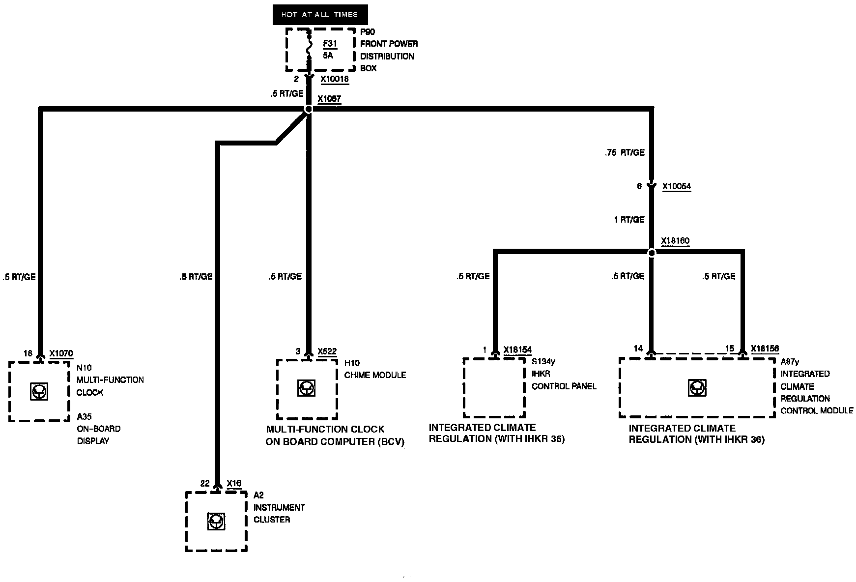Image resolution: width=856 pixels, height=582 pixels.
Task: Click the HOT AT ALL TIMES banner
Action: point(319,14)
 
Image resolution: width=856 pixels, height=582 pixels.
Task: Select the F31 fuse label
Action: point(330,44)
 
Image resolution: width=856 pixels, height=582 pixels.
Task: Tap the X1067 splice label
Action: point(329,99)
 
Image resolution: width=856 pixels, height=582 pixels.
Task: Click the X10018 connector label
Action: point(335,79)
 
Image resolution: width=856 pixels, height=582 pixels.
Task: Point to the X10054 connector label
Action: point(676,187)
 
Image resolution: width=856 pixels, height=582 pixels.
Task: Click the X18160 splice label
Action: point(675,241)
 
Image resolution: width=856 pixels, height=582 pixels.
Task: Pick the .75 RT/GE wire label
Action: point(625,153)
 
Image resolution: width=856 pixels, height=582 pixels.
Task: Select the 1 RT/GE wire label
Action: point(629,220)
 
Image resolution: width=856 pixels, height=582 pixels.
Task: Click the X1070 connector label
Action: point(61,353)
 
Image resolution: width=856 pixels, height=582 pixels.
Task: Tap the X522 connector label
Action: point(327,351)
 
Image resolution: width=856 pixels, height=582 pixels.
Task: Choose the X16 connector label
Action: point(234,484)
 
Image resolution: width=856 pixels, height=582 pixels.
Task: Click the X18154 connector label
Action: point(517,350)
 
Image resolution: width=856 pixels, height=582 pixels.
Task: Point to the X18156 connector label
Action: point(765,349)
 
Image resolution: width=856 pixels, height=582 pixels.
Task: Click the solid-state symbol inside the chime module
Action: point(307,388)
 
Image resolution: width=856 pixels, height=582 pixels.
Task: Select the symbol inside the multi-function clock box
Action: point(38,391)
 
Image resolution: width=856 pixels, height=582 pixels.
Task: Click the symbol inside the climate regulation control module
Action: point(697,388)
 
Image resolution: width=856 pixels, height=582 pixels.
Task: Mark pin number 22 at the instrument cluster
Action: point(205,484)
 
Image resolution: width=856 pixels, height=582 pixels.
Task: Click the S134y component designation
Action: point(543,362)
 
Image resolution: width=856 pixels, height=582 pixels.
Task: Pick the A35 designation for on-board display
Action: point(84,417)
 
